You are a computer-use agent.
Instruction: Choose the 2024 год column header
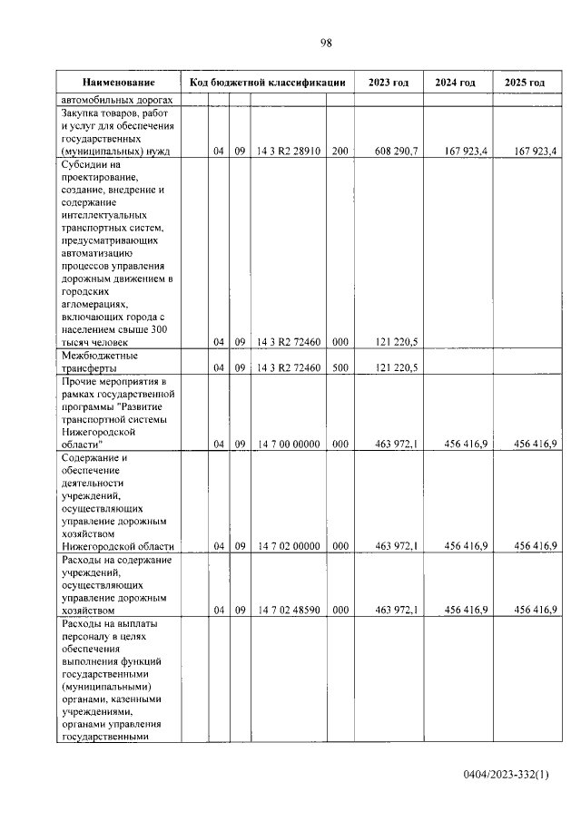tap(457, 83)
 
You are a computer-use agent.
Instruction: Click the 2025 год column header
tap(527, 83)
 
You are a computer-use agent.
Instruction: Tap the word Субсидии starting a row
tap(84, 166)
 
